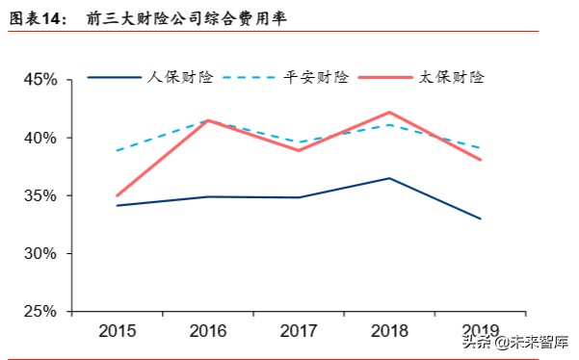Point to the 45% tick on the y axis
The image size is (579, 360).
39,80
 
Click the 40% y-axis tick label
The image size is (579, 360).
39,138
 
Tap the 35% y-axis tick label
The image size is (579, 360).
39,195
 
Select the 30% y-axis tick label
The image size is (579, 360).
39,254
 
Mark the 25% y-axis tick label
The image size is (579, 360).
39,312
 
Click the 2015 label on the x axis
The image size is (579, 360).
117,331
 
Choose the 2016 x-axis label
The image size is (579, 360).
207,331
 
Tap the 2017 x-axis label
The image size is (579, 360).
299,331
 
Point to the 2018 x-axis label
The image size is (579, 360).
389,331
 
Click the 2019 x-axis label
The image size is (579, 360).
480,331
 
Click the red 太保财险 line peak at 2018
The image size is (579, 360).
389,112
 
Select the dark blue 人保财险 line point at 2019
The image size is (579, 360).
480,219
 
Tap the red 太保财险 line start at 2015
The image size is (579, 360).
117,195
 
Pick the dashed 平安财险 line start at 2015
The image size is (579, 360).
117,150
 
